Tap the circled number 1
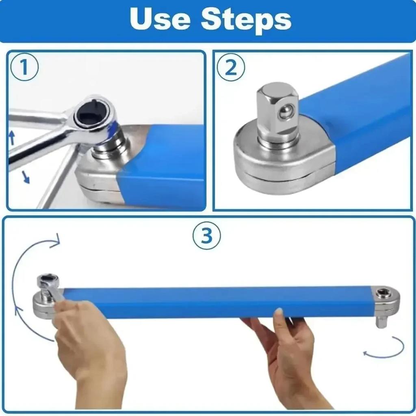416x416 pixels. (24, 67)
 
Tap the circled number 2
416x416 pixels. (230, 67)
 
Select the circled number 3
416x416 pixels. (207, 236)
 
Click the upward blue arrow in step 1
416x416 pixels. (12, 137)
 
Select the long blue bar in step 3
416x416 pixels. (219, 303)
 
